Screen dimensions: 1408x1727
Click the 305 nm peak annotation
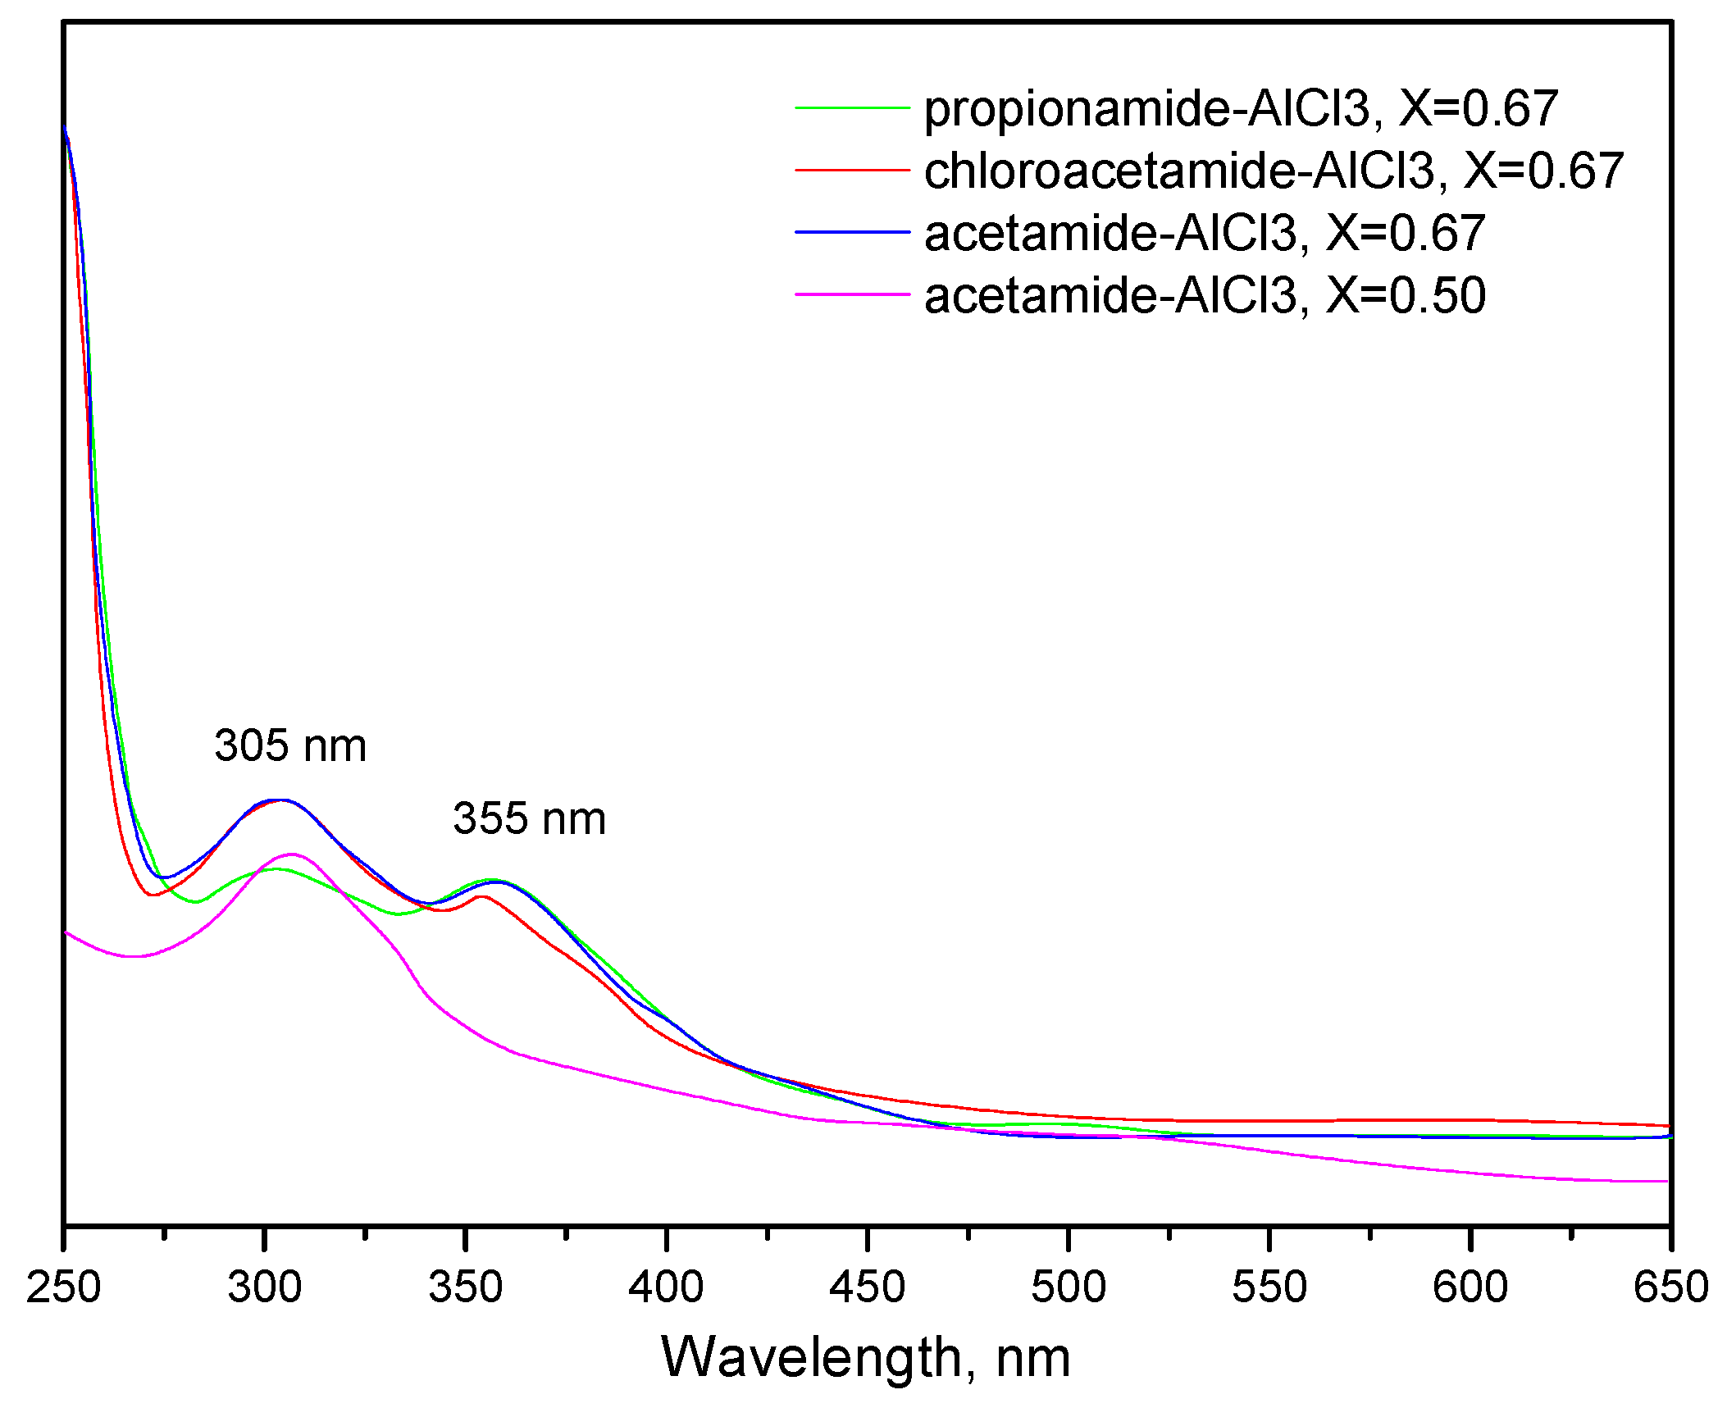(x=290, y=746)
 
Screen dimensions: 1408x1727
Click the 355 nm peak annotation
(x=529, y=819)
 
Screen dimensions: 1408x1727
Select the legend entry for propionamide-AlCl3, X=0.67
(x=1240, y=108)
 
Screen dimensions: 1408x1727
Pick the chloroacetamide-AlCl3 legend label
(x=1273, y=171)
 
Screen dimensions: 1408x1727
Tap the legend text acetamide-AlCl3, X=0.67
(x=1204, y=233)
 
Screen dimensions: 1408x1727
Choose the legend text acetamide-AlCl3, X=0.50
(x=1204, y=295)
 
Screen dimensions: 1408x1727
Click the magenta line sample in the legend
(x=852, y=294)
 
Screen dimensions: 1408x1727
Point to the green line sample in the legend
(x=852, y=107)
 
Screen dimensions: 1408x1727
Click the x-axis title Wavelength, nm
(x=866, y=1357)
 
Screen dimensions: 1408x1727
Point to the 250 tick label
(x=64, y=1287)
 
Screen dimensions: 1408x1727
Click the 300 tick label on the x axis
(x=265, y=1287)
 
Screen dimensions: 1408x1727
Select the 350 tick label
(x=466, y=1287)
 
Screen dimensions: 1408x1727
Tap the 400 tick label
(x=666, y=1287)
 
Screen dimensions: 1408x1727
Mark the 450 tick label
(x=867, y=1287)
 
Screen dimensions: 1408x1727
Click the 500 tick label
(x=1069, y=1287)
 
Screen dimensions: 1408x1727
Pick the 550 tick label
(x=1269, y=1287)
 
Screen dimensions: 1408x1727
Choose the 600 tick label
(x=1470, y=1287)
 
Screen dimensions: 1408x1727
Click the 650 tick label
(x=1670, y=1287)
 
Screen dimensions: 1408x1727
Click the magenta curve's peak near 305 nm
(x=292, y=854)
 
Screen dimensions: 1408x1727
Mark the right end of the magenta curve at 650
(x=1666, y=1182)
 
